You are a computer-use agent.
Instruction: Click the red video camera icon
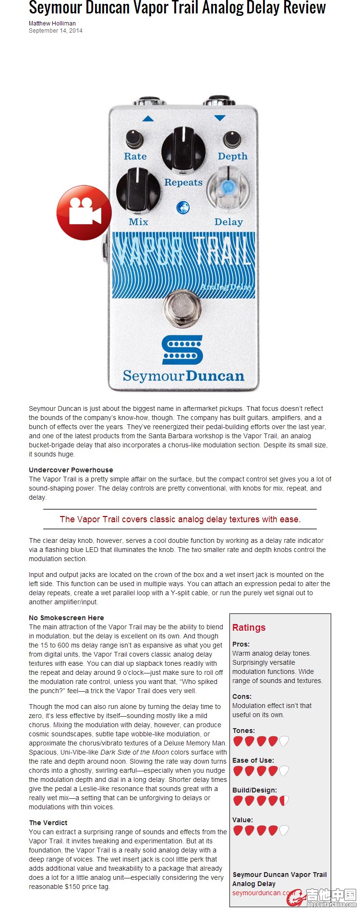84,212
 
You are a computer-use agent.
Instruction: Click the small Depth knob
232,139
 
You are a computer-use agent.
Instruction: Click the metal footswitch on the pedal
183,307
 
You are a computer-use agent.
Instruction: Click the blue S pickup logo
183,349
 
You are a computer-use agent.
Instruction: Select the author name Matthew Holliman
52,23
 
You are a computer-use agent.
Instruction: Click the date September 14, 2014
56,31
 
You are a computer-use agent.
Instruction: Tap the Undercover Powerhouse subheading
71,470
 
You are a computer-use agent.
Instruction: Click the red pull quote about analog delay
180,519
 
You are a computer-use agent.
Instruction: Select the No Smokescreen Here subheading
66,618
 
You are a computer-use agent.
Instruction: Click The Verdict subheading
48,823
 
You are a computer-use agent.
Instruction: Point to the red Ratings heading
249,627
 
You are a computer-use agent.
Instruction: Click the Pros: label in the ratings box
241,644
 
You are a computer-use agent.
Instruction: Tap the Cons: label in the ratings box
242,696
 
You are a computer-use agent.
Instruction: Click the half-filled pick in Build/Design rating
284,801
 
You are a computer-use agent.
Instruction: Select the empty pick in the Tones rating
284,741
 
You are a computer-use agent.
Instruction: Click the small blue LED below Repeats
183,207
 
